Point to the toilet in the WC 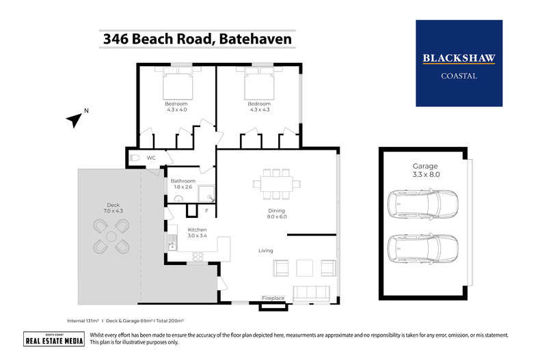click(135, 158)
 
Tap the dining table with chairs click(276, 183)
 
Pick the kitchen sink click(172, 241)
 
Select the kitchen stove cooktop click(198, 257)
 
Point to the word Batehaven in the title click(256, 39)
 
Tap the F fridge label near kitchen click(206, 211)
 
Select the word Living click(266, 251)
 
